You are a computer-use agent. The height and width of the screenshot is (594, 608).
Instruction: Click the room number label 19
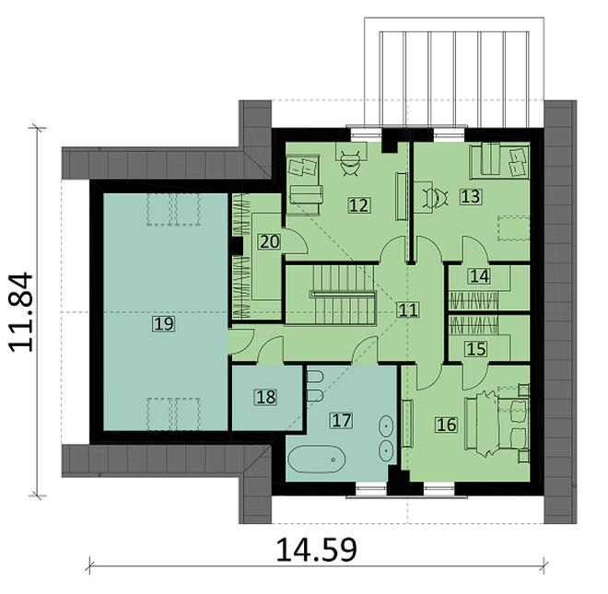pos(164,323)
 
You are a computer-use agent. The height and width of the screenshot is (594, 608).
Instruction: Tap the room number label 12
pos(359,205)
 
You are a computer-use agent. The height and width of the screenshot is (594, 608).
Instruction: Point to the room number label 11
pos(408,310)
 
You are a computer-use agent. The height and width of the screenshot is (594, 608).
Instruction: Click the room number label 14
pos(477,275)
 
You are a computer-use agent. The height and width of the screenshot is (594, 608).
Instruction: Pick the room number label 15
pos(475,348)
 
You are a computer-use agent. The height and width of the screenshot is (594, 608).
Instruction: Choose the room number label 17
pos(342,421)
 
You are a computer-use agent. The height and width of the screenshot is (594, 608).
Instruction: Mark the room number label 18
pos(265,397)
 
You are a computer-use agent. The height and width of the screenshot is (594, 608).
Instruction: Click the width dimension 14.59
pos(316,550)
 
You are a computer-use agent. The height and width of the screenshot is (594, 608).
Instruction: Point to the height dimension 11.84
pos(25,310)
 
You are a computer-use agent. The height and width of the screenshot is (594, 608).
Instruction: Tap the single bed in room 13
pos(498,162)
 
